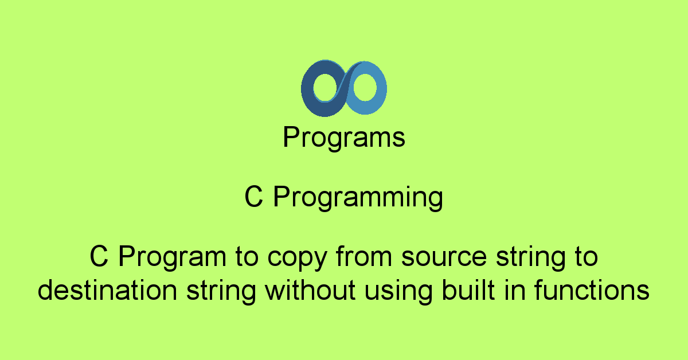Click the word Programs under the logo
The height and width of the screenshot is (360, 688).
[x=344, y=138]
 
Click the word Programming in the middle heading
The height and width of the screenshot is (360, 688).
[x=358, y=197]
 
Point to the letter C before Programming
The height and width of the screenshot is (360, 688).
[x=253, y=197]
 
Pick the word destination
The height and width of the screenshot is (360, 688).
[x=107, y=289]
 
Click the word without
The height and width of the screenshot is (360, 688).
[x=310, y=289]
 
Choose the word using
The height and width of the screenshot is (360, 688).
[x=398, y=291]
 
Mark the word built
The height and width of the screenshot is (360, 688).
[x=468, y=289]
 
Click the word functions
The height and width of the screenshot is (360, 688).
[x=592, y=289]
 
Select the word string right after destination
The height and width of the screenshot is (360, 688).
[x=221, y=292]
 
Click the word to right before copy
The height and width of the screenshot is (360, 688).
[x=247, y=257]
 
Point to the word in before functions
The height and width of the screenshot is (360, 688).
[x=514, y=289]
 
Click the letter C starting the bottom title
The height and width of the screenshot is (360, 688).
[x=99, y=256]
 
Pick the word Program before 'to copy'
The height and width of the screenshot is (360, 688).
[x=173, y=258]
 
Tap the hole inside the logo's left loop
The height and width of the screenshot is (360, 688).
[x=325, y=87]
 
